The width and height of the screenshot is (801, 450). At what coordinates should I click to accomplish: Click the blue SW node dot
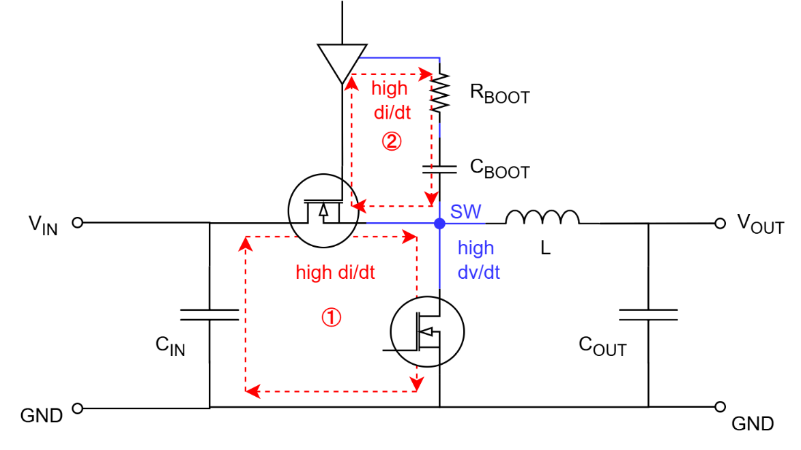(440, 223)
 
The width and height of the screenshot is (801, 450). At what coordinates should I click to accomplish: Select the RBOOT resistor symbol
(440, 91)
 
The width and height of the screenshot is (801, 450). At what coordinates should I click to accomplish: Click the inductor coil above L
(542, 217)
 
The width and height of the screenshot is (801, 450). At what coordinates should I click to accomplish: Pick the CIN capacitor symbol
(209, 314)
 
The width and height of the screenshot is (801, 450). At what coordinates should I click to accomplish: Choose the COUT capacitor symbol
(648, 314)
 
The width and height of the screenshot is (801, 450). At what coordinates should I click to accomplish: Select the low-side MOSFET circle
(426, 331)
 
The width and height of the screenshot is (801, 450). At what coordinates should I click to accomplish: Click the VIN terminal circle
(78, 222)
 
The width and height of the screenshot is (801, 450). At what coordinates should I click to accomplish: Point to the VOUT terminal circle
(719, 223)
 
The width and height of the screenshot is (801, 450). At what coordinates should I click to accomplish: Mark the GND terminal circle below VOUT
(719, 407)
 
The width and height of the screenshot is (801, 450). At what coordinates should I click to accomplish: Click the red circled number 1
(330, 317)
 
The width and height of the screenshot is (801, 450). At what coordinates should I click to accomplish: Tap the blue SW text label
(466, 212)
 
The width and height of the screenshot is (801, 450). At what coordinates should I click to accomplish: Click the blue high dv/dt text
(478, 260)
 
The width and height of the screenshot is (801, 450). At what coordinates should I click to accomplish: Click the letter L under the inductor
(544, 250)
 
